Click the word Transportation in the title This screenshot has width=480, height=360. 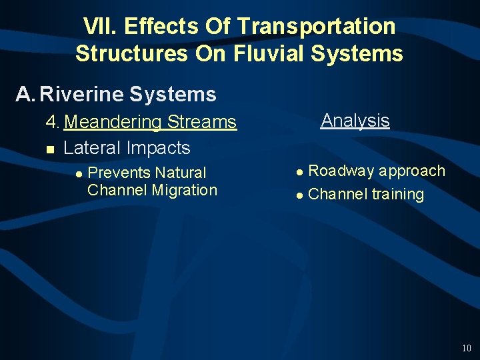(x=316, y=26)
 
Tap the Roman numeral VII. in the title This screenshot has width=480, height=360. (x=100, y=26)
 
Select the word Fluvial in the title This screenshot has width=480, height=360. (x=269, y=53)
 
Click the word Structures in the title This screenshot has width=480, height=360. (x=131, y=53)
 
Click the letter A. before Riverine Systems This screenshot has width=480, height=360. (x=25, y=95)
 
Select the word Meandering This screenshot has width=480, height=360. (x=113, y=122)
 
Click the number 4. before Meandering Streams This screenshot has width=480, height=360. (x=53, y=122)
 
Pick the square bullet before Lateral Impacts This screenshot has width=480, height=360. (x=50, y=149)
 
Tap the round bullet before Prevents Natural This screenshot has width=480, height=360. (x=79, y=173)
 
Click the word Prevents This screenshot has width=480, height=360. (x=118, y=173)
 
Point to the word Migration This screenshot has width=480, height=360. (x=185, y=190)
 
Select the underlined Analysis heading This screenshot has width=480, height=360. (x=355, y=121)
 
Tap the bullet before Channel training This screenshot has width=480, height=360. (x=300, y=195)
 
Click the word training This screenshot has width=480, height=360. (x=397, y=195)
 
